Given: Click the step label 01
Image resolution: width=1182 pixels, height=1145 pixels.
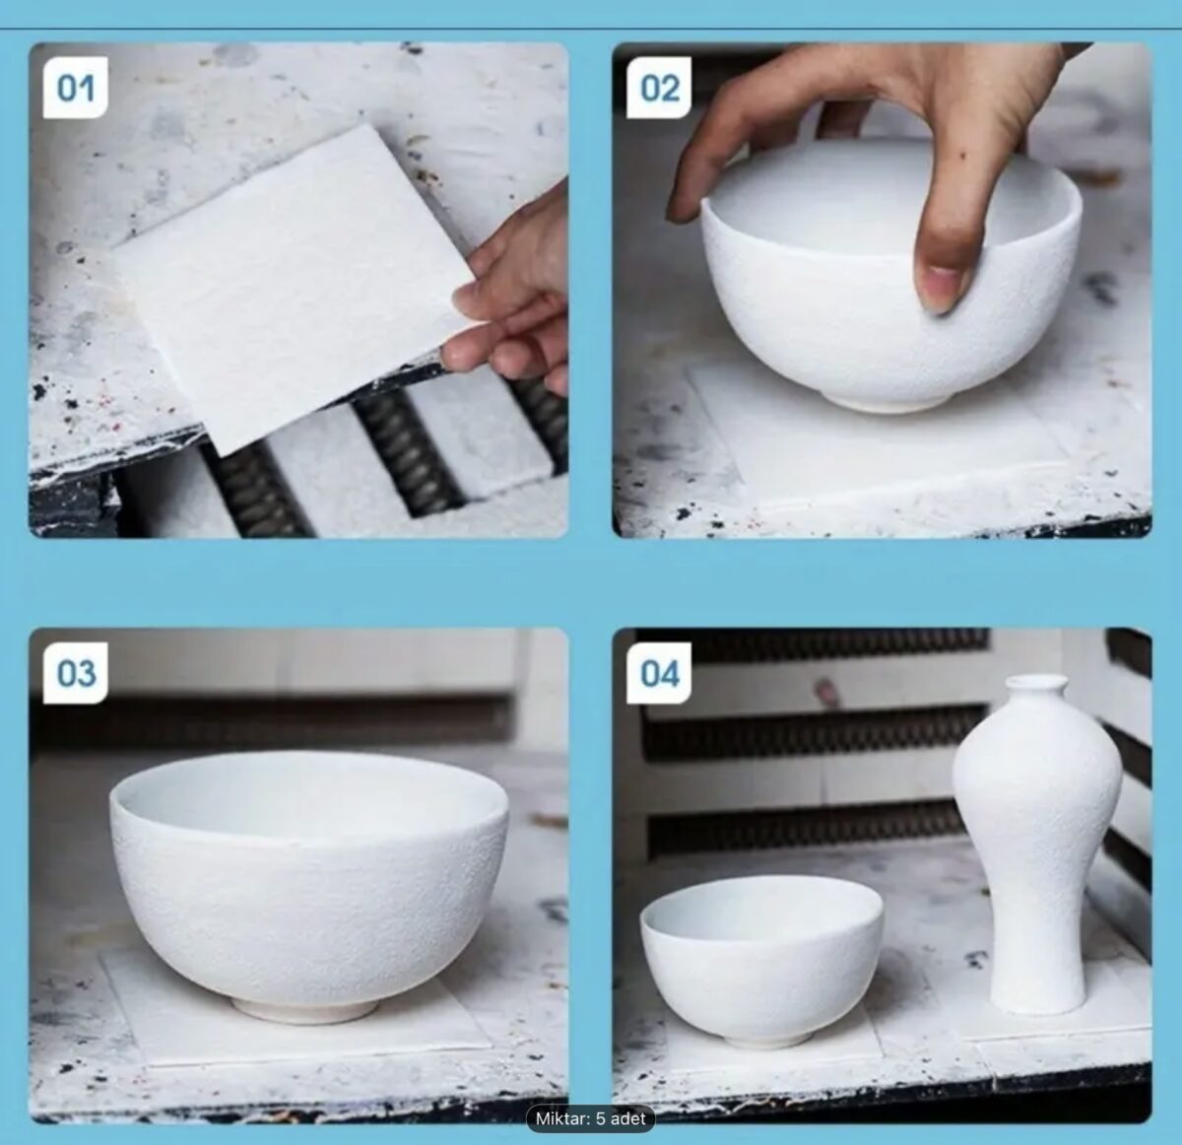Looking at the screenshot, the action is click(75, 88).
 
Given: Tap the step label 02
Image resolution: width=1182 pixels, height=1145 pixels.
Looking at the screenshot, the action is click(659, 88).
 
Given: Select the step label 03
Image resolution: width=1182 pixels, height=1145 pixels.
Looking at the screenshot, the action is click(75, 673).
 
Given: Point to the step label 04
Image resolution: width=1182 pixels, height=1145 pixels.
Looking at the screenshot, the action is click(659, 673).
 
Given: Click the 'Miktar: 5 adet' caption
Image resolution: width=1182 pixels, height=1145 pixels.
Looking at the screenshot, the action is click(590, 1118).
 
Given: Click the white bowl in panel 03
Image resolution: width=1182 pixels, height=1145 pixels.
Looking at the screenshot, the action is click(308, 881).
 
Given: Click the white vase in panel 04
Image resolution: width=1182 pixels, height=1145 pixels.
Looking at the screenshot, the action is click(1037, 844).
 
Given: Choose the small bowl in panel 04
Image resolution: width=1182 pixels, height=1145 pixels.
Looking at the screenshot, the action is click(761, 961).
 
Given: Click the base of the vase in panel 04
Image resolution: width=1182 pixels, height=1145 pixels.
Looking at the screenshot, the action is click(1037, 1003).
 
